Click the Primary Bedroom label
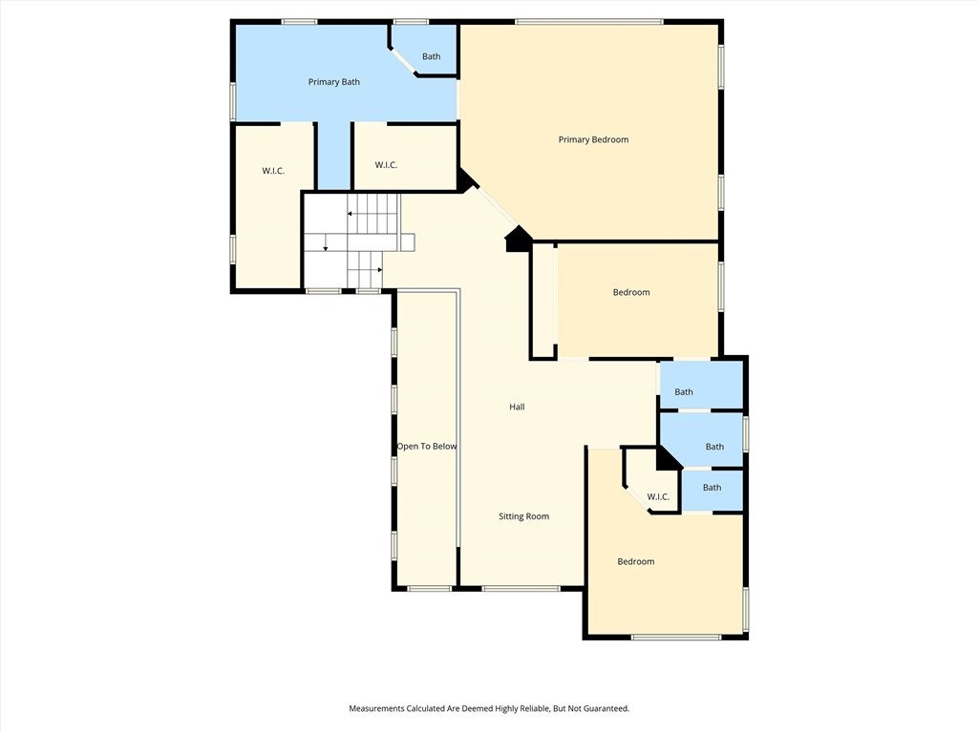pyautogui.click(x=593, y=139)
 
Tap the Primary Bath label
pyautogui.click(x=333, y=82)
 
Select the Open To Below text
pyautogui.click(x=427, y=447)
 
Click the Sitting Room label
pyautogui.click(x=523, y=516)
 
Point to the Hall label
pyautogui.click(x=517, y=407)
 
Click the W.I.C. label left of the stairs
pyautogui.click(x=273, y=171)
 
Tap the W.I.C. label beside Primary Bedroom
pyautogui.click(x=386, y=165)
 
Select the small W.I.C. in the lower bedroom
pyautogui.click(x=658, y=496)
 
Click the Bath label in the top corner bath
pyautogui.click(x=432, y=56)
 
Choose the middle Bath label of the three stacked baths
pyautogui.click(x=714, y=447)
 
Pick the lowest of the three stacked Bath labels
pyautogui.click(x=712, y=488)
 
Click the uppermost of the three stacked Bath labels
pyautogui.click(x=684, y=391)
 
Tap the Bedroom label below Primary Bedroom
pyautogui.click(x=630, y=292)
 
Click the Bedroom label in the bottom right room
pyautogui.click(x=635, y=561)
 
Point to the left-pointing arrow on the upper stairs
pyautogui.click(x=351, y=216)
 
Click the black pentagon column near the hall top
pyautogui.click(x=518, y=240)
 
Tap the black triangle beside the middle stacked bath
pyautogui.click(x=667, y=459)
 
